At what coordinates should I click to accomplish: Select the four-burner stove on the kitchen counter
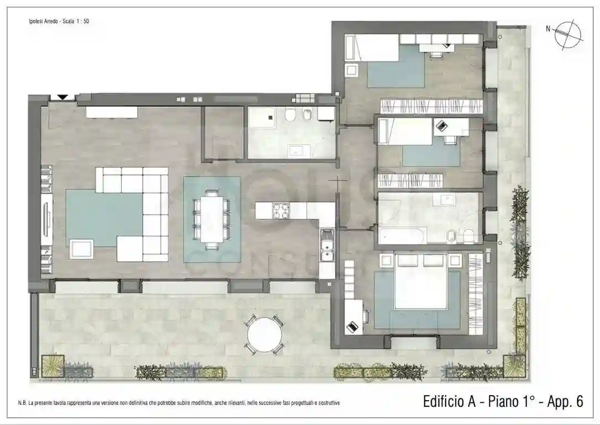(281, 211)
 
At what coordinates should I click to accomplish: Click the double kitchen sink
(327, 246)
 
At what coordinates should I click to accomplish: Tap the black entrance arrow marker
(62, 97)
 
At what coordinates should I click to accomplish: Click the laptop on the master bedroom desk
(352, 326)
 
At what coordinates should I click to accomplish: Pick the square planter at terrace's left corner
(52, 366)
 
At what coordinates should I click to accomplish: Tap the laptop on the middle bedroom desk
(441, 126)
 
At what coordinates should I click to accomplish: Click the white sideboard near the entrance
(111, 112)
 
